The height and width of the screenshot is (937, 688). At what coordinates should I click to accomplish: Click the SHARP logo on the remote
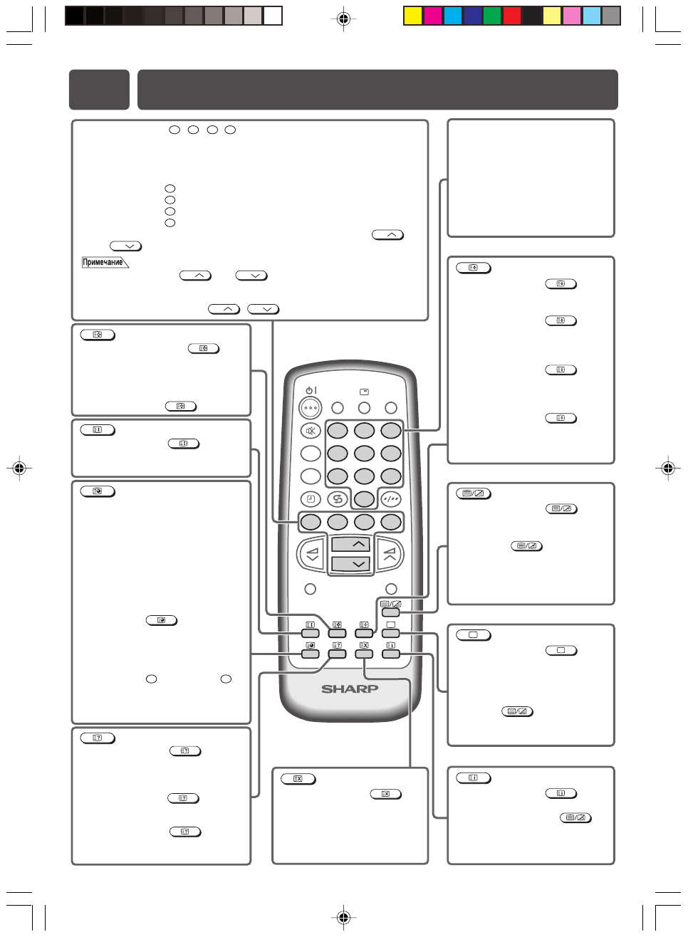349,689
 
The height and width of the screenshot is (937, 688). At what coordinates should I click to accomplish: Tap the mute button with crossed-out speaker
311,431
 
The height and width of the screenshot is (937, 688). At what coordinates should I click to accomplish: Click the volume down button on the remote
312,554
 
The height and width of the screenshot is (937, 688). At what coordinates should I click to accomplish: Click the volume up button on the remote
390,554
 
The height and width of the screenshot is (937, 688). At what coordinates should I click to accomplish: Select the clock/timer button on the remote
311,499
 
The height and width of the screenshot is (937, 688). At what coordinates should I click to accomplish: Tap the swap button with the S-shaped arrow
338,499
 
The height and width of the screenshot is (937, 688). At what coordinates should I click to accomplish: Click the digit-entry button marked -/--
390,499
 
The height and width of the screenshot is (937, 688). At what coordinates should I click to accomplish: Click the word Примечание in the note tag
103,262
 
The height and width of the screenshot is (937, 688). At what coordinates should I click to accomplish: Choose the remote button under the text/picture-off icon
390,612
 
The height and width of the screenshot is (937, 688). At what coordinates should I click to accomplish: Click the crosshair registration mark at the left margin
19,468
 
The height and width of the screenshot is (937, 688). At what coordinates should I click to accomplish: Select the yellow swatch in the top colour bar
413,16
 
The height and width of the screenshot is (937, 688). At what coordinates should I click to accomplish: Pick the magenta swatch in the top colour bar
433,16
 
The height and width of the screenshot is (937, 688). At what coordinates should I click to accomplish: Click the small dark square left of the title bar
99,90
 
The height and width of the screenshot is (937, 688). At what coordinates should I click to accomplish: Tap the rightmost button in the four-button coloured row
390,522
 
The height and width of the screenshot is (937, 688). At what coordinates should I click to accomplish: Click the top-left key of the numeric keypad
338,431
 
